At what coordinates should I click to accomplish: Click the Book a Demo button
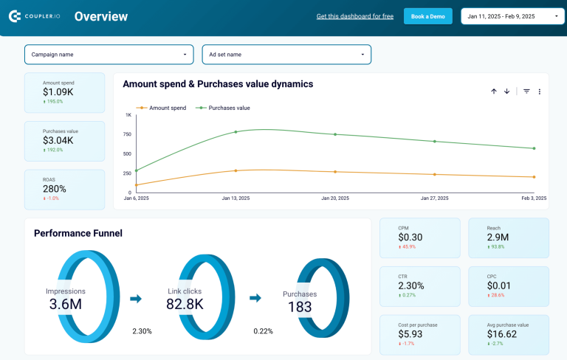coord(427,16)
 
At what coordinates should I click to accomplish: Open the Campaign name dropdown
coord(109,55)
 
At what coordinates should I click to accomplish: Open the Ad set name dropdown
coord(286,55)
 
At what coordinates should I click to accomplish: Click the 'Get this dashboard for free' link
coord(354,16)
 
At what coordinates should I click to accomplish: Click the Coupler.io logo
coord(34,16)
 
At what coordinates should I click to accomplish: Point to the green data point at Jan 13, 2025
coord(236,132)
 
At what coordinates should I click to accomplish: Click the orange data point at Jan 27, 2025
coord(434,174)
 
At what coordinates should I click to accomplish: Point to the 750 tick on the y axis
coord(127,134)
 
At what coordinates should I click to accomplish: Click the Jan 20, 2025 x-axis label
coord(334,198)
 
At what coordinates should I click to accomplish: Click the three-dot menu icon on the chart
coord(540,91)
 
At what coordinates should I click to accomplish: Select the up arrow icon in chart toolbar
coord(494,91)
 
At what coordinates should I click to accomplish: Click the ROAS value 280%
coord(55,189)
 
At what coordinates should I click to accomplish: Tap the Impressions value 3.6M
coord(66,303)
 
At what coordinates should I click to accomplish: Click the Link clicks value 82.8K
coord(185,303)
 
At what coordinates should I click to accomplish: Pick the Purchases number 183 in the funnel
coord(300,308)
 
